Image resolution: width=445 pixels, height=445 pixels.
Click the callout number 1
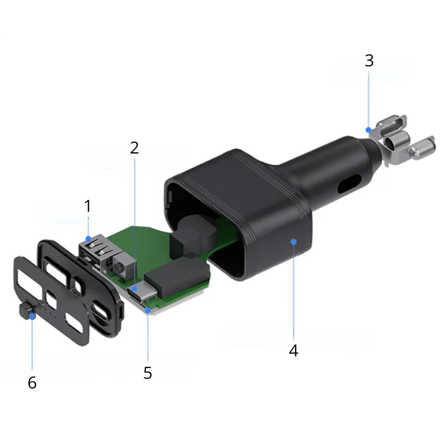88,206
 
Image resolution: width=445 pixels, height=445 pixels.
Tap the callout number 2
134,148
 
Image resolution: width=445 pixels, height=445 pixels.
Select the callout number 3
369,61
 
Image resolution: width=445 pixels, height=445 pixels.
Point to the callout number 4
293,351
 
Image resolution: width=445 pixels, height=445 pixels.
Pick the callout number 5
148,373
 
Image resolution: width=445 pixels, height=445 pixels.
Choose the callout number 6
32,383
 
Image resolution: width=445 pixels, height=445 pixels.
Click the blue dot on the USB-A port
89,239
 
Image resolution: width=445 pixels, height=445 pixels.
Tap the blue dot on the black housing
294,242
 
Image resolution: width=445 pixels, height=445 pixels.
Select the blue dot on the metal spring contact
368,130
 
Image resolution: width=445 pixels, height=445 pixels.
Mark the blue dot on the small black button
32,316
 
